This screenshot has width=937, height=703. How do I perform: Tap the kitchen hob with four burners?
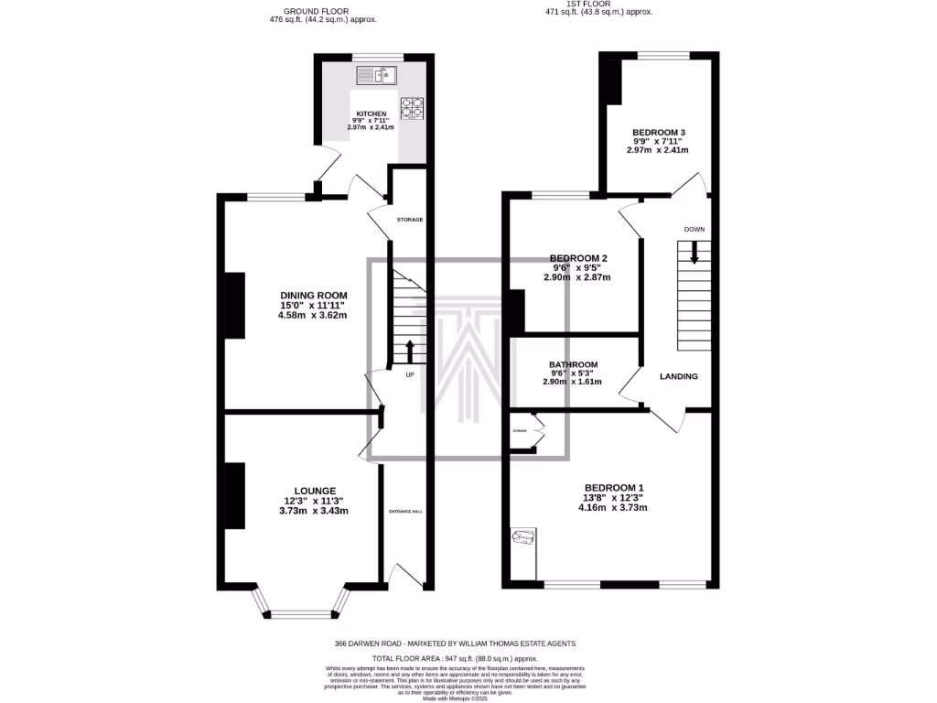(412, 109)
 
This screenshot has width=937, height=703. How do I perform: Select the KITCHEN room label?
(372, 114)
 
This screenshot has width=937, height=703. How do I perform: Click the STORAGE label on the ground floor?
(409, 221)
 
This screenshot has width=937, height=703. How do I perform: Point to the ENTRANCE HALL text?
(405, 511)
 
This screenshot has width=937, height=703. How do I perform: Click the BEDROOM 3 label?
(659, 133)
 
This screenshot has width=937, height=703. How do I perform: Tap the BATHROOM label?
(573, 364)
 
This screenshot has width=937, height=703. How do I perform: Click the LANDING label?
(679, 376)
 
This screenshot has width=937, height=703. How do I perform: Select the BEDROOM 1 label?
(614, 487)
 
